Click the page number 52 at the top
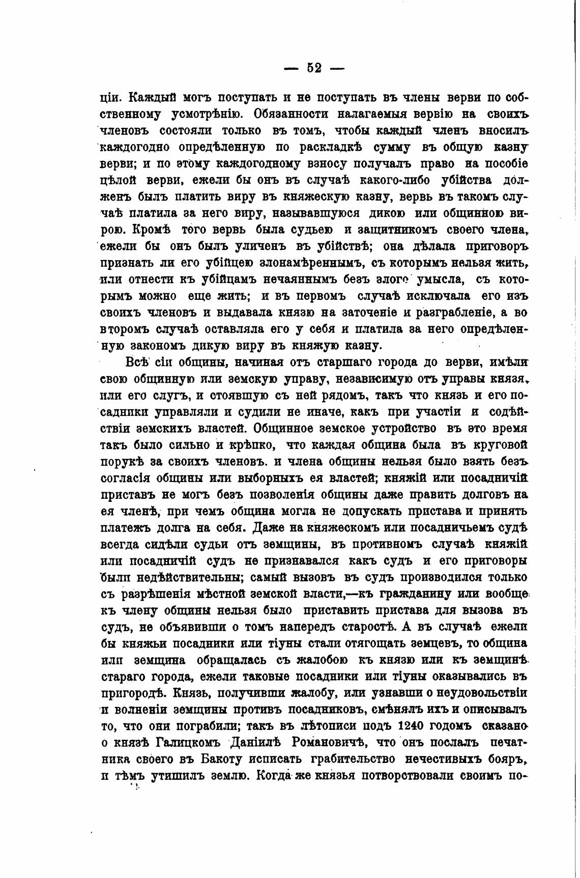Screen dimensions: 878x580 coord(314,68)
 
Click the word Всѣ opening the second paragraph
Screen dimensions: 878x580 coord(137,362)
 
